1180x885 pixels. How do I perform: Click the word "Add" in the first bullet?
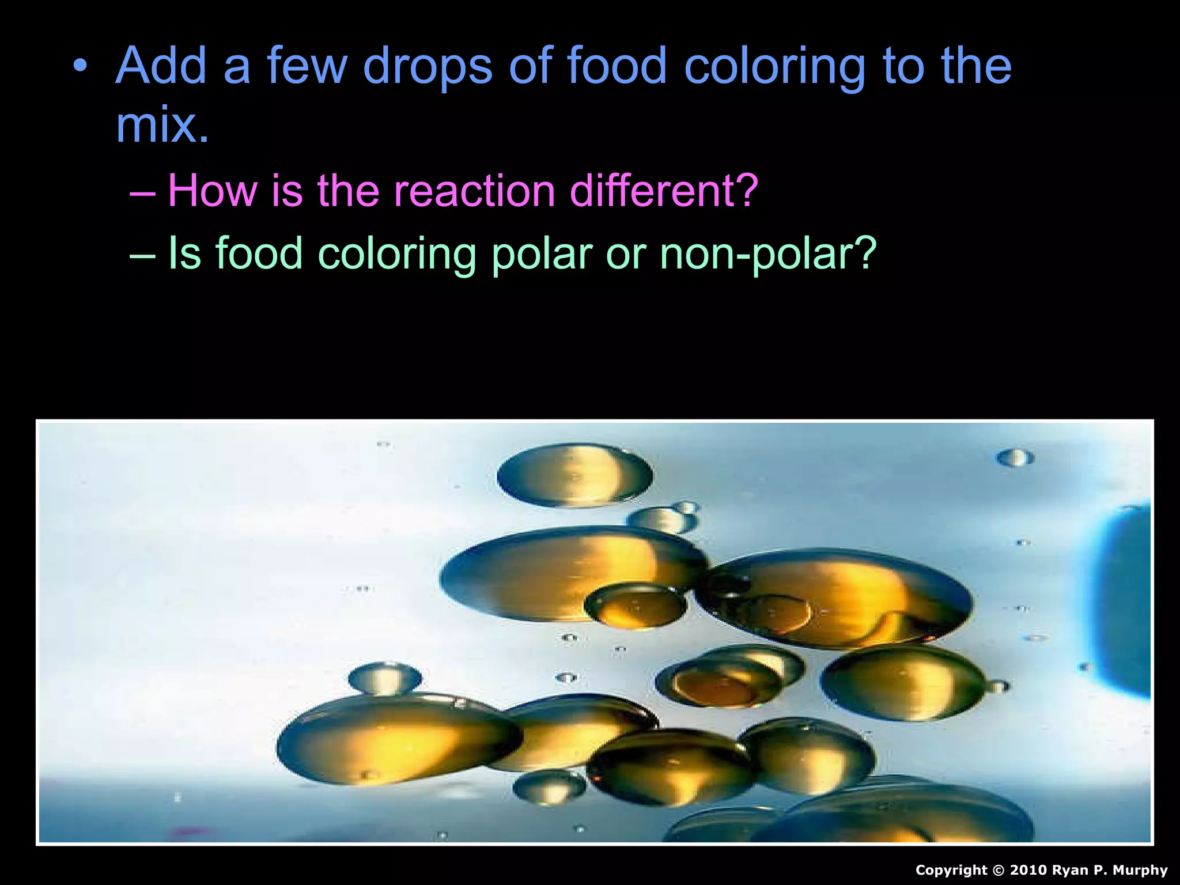coord(161,66)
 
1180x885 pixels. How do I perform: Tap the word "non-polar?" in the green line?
coord(768,254)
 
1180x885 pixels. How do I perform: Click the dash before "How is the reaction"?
coord(142,192)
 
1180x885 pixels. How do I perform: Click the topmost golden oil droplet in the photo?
coord(574,475)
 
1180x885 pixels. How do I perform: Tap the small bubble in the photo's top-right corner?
coord(1015,457)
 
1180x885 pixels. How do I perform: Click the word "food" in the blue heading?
coord(617,66)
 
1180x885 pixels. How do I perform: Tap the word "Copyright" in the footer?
coord(951,870)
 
